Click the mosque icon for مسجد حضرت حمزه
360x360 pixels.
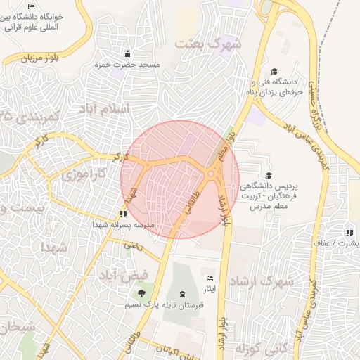127,54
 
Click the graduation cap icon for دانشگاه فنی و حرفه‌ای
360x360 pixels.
274,72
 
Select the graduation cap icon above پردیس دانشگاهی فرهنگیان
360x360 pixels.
268,175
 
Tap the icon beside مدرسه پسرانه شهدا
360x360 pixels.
124,213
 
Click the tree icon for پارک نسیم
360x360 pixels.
143,292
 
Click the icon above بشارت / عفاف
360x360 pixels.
349,233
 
